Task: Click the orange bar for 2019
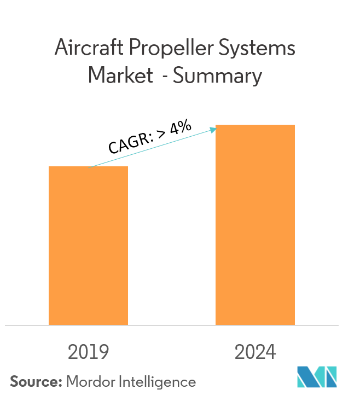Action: click(x=88, y=246)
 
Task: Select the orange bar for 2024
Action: click(x=255, y=225)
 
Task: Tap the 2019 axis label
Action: click(x=88, y=352)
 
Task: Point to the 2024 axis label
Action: click(x=255, y=352)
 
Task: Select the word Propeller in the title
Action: click(x=172, y=50)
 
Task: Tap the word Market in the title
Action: click(x=120, y=75)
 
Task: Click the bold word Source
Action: click(x=34, y=381)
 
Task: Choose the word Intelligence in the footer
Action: click(x=160, y=382)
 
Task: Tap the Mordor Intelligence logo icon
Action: click(x=317, y=377)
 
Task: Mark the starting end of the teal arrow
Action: click(x=90, y=167)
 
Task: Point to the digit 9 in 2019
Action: click(x=103, y=352)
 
